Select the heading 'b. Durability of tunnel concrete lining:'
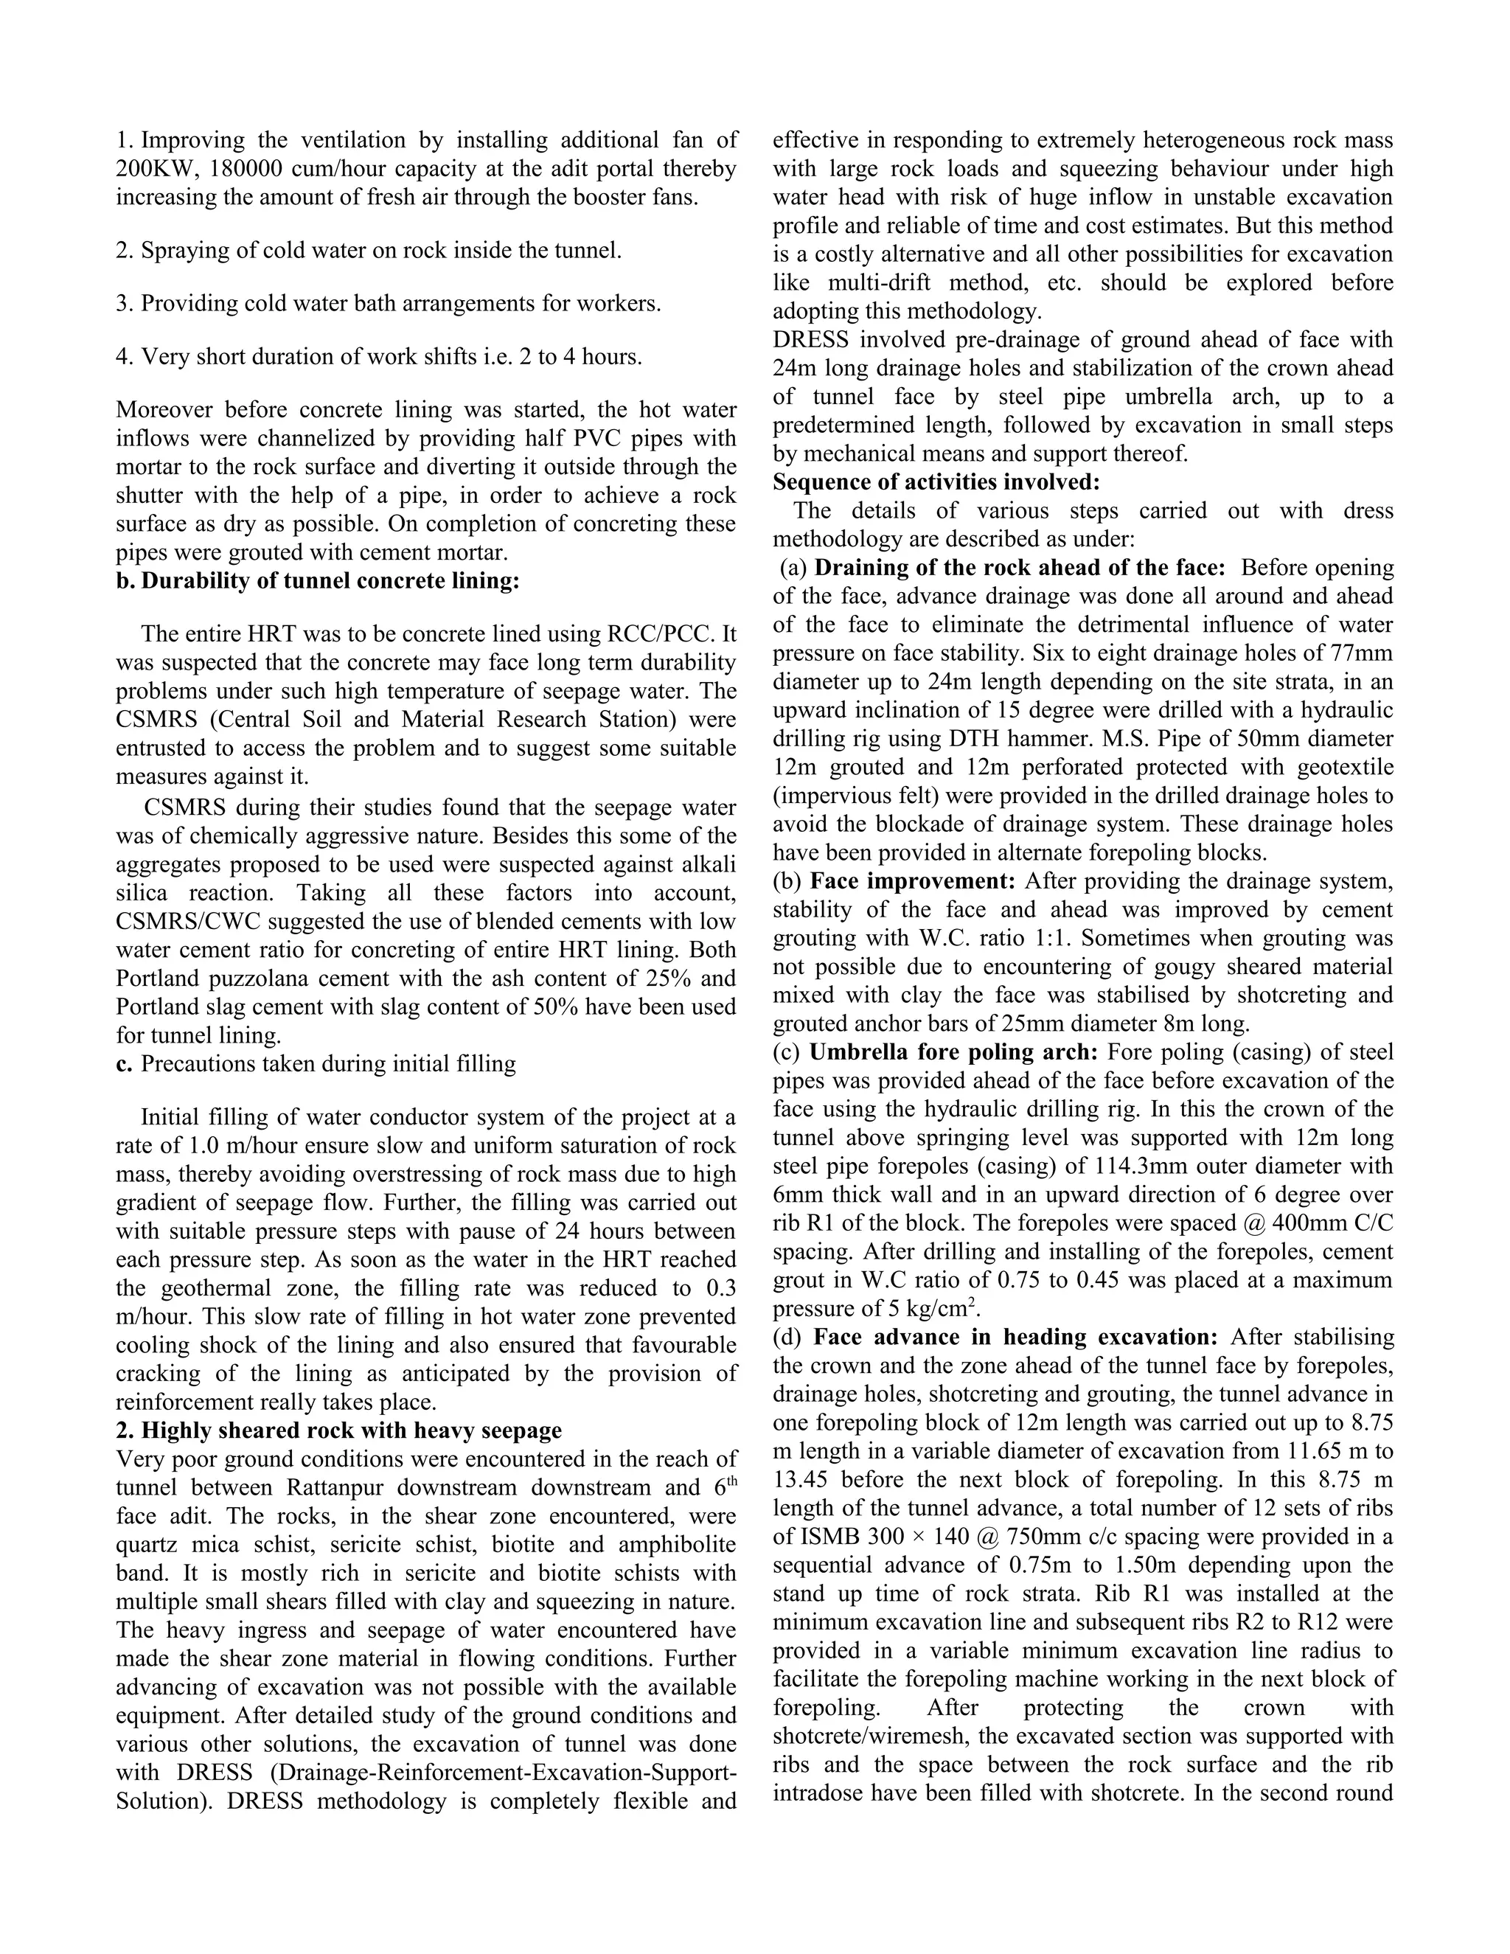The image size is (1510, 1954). tap(318, 580)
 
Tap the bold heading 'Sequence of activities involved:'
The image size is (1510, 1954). tap(936, 482)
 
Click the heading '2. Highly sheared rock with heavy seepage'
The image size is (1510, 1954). tap(339, 1430)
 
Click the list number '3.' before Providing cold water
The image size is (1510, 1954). tap(125, 303)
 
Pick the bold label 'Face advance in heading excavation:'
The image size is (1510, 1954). tap(1016, 1338)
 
